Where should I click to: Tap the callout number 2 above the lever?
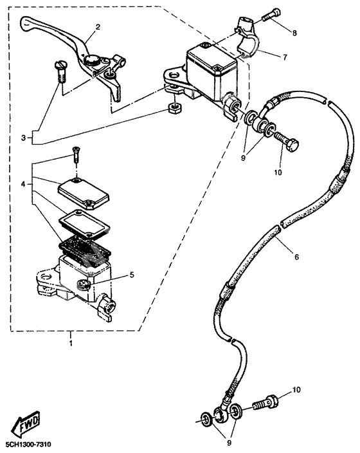click(98, 27)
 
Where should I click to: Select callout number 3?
click(23, 138)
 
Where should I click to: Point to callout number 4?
click(23, 184)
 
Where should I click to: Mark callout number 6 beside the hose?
click(296, 257)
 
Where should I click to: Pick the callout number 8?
click(294, 32)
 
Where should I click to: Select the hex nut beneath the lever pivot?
click(172, 107)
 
